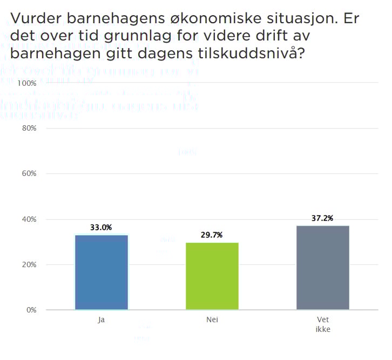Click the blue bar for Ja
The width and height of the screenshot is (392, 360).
click(x=102, y=272)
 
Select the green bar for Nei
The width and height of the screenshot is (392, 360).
click(x=212, y=276)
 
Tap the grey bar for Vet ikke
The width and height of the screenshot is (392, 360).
click(x=322, y=268)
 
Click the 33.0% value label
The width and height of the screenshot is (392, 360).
click(x=102, y=227)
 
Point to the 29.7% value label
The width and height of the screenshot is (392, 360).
click(x=212, y=235)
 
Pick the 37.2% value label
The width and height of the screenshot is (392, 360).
click(x=322, y=218)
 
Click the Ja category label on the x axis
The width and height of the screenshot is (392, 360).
click(x=102, y=320)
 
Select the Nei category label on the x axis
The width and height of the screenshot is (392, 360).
click(x=212, y=320)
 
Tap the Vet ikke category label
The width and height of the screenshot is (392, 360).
click(x=322, y=324)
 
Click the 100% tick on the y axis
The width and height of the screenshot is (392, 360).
click(x=26, y=83)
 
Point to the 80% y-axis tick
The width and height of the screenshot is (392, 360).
click(x=28, y=128)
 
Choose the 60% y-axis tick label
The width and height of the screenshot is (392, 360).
click(x=28, y=174)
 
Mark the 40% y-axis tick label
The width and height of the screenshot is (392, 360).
click(x=28, y=219)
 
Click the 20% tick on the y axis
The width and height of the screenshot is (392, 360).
click(x=28, y=264)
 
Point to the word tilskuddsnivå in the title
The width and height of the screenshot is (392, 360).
click(x=253, y=55)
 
